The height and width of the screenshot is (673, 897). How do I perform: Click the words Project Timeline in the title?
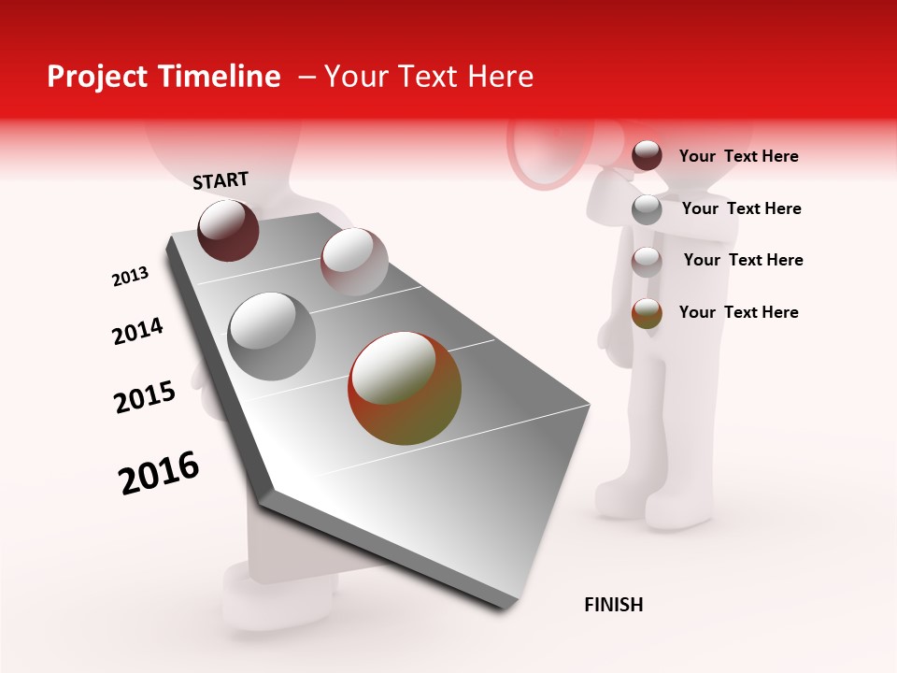coord(164,77)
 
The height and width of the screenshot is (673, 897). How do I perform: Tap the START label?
coord(221,180)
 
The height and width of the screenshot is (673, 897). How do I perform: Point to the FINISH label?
coord(614,605)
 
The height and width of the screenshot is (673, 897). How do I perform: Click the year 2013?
coord(131,277)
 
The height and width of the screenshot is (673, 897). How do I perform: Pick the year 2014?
coord(138,332)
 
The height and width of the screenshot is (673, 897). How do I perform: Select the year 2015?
coord(145,397)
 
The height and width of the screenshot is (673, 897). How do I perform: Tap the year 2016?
coord(159,473)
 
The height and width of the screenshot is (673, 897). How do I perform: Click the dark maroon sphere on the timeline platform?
coord(228,230)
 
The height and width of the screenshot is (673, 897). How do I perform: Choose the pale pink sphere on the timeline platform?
coord(354,262)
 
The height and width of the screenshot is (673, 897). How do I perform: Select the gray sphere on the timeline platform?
coord(272,336)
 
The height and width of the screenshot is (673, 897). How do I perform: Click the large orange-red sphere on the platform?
coord(405,388)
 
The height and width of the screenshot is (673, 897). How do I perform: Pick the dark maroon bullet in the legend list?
coord(647,156)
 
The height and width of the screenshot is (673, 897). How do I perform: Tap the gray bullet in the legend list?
coord(647,209)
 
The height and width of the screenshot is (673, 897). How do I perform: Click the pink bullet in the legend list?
coord(647,262)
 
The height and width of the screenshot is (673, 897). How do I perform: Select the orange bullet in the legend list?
coord(647,313)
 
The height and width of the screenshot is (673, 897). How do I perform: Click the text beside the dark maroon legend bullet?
coord(738,157)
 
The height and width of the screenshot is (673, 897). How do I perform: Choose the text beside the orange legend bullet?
coord(738,312)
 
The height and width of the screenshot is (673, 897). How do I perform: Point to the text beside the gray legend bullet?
coord(741,208)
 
